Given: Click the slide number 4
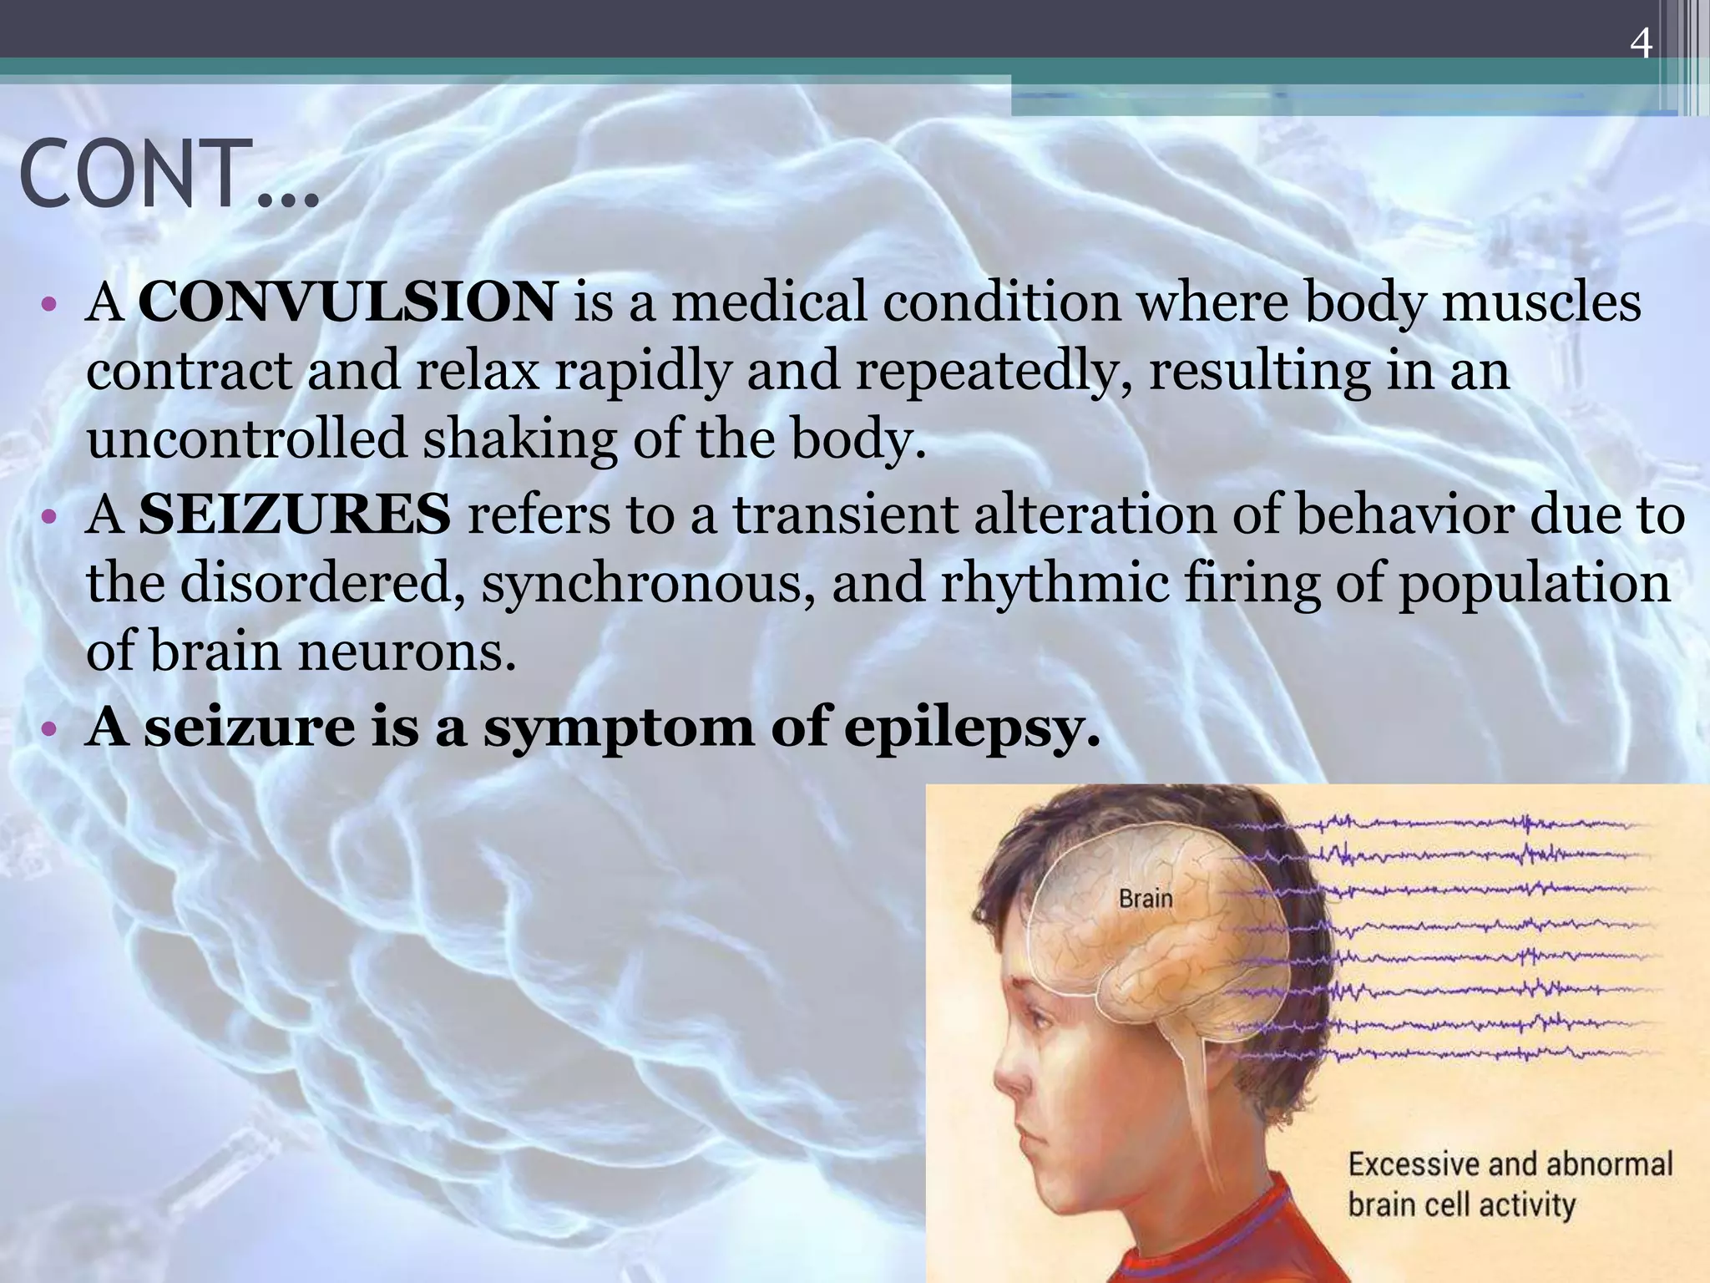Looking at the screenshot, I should coord(1641,43).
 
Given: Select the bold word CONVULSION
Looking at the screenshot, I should coord(347,302).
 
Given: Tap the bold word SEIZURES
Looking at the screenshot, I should coord(294,515).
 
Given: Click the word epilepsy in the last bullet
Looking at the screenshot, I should coord(972,728).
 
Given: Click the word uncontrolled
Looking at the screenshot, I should coord(247,439).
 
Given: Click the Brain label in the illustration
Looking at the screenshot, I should coord(1146,899).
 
